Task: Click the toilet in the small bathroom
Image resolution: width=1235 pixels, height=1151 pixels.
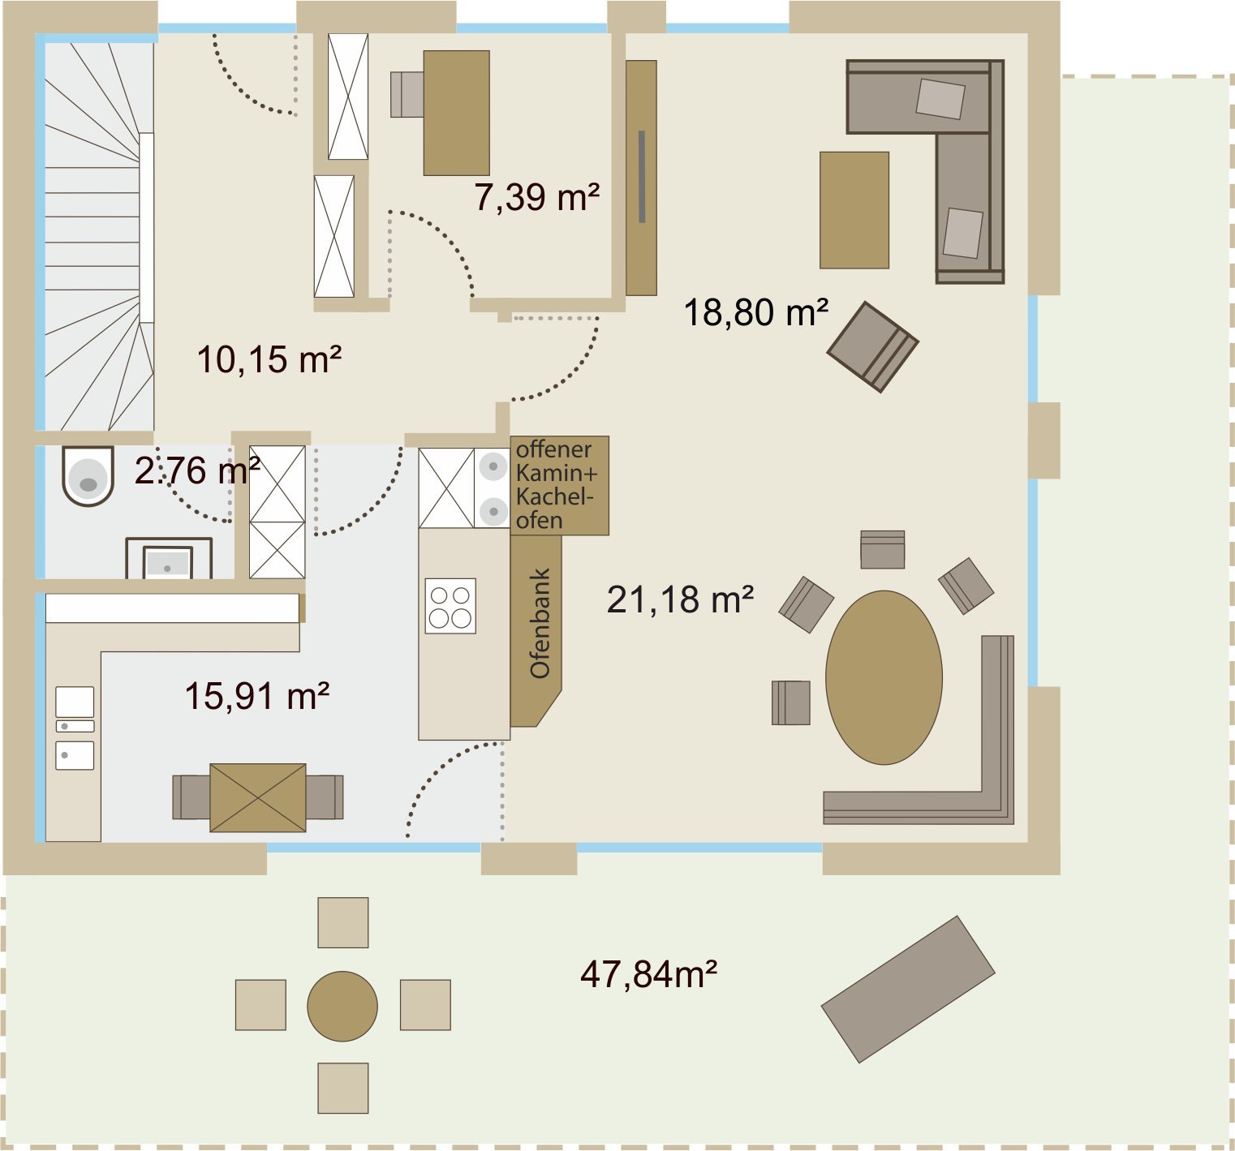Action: click(x=88, y=476)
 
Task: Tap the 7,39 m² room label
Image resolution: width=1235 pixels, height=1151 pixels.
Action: click(x=537, y=197)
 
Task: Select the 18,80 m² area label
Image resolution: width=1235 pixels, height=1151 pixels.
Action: click(x=756, y=312)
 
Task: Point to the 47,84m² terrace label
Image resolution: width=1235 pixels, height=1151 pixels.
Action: click(x=649, y=974)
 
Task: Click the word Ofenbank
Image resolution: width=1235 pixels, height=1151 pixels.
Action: click(x=540, y=623)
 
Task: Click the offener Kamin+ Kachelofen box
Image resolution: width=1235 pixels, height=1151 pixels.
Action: click(x=560, y=485)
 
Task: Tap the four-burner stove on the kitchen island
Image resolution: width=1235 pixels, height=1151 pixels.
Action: click(x=451, y=606)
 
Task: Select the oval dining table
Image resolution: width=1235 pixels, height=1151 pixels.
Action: click(x=884, y=677)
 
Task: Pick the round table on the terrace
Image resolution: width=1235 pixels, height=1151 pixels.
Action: click(x=342, y=1007)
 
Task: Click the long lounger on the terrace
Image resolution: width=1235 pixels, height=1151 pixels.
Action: click(x=908, y=990)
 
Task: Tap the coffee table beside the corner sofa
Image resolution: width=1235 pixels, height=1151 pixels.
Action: click(x=854, y=210)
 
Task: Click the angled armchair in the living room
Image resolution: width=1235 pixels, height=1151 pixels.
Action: click(x=873, y=347)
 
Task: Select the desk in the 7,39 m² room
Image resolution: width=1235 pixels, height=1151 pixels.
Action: click(x=457, y=113)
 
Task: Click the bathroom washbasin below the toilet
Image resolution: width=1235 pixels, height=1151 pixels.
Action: click(x=169, y=560)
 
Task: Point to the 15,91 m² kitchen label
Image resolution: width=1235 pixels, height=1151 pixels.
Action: click(x=257, y=697)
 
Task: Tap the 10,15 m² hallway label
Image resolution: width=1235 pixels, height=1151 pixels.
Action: click(x=269, y=359)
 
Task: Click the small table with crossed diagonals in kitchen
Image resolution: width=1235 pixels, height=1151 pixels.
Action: click(x=258, y=797)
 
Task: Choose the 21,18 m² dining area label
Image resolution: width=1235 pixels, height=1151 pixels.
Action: click(x=681, y=600)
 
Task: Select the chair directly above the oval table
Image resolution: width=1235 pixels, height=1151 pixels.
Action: click(x=883, y=549)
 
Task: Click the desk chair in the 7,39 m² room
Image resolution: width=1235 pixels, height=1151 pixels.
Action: click(x=407, y=95)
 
